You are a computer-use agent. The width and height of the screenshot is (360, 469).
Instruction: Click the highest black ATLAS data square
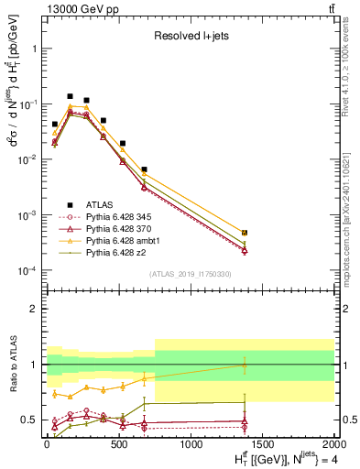(70, 96)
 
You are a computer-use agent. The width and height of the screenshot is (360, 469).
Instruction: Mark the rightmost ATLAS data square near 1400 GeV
(245, 233)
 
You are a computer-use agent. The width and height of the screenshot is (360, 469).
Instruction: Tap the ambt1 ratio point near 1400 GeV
(245, 365)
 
